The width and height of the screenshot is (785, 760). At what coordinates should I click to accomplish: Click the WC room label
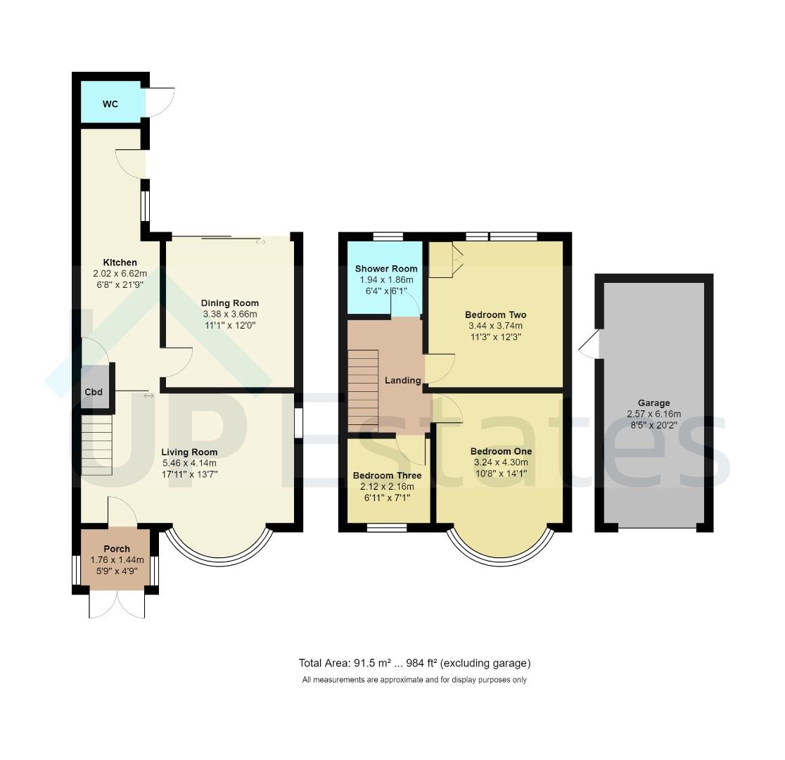tap(110, 104)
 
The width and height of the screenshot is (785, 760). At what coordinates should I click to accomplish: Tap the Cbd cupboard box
tap(94, 392)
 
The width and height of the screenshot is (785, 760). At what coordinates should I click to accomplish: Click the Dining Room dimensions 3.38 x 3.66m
tap(229, 314)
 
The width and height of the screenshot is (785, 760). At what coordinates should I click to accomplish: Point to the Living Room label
tap(189, 452)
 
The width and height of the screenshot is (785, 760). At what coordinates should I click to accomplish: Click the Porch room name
tap(117, 549)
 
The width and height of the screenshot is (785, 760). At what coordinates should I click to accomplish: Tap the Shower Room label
tap(385, 269)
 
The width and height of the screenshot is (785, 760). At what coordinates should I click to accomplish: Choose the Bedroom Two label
tap(495, 315)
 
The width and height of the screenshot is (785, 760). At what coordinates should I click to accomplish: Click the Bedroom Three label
tap(387, 476)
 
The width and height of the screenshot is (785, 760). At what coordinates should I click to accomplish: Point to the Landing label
tap(402, 380)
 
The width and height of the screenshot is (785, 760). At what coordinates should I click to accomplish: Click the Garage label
tap(653, 403)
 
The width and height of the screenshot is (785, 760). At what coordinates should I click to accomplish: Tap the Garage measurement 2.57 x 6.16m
tap(653, 414)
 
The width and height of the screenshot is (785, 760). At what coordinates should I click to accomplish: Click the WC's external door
tap(160, 103)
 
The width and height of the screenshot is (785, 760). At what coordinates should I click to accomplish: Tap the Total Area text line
tap(414, 663)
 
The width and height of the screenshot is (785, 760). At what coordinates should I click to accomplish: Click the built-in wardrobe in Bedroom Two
tap(446, 260)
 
